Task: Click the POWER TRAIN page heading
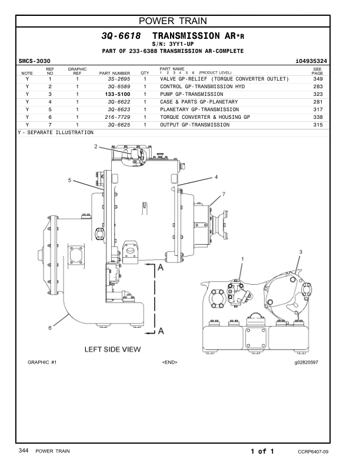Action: [x=179, y=22]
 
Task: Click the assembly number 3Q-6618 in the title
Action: [x=121, y=36]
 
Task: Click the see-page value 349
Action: [x=318, y=79]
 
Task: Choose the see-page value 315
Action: [x=318, y=125]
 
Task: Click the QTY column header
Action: [x=145, y=73]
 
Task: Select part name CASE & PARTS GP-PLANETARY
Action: [x=199, y=102]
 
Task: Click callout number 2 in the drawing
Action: [x=96, y=147]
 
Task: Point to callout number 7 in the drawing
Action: [x=224, y=194]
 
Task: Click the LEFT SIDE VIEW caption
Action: [x=113, y=349]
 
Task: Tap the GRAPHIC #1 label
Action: [x=42, y=362]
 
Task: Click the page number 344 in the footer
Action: [x=24, y=451]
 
